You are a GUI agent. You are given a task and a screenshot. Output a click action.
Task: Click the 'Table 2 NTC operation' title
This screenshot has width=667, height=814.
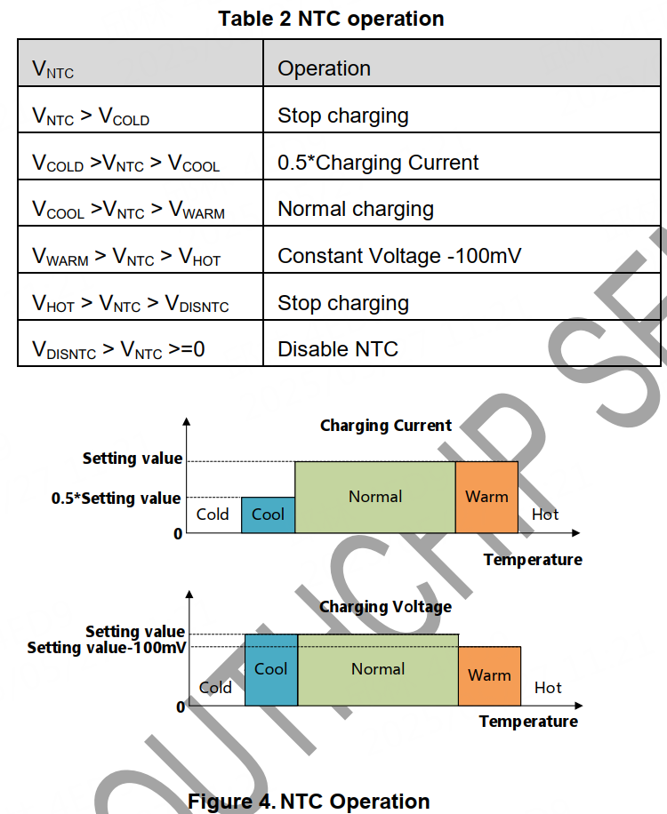(331, 19)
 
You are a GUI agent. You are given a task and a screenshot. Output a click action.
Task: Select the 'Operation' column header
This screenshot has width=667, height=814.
(324, 68)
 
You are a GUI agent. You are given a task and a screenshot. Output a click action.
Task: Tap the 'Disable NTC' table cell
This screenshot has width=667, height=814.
(338, 349)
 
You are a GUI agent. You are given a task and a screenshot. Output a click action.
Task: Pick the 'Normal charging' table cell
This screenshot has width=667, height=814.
(356, 209)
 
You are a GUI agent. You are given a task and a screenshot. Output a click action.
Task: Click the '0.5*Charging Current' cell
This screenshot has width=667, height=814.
(378, 163)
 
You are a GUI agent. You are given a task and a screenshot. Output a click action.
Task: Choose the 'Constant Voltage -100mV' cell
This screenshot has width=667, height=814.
(399, 256)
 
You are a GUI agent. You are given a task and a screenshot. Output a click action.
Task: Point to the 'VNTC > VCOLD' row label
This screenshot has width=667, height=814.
(91, 116)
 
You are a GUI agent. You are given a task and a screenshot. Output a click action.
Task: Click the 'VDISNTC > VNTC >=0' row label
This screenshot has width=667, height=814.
(118, 349)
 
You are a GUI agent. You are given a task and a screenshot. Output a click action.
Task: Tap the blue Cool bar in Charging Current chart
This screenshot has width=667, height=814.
(268, 515)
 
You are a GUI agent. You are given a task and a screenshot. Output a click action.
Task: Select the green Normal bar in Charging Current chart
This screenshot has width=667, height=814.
(375, 497)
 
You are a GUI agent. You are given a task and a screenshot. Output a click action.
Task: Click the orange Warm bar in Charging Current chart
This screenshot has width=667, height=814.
(486, 497)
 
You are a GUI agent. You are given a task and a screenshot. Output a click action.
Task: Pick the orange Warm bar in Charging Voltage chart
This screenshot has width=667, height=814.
(489, 676)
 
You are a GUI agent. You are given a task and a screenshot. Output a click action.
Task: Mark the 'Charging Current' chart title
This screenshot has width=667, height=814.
(386, 426)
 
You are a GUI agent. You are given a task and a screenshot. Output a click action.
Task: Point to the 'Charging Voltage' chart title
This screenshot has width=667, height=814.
(385, 607)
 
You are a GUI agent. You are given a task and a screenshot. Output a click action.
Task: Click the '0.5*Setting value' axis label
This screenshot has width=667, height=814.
(116, 499)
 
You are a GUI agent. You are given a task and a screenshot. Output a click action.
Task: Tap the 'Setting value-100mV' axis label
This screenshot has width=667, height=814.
(107, 648)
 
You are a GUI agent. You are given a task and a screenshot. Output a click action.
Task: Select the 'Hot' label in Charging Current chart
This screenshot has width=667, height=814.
(545, 515)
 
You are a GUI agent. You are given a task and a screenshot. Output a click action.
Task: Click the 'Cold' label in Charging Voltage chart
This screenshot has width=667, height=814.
(215, 687)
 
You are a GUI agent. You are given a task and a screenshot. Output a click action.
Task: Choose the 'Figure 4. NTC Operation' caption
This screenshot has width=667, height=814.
(309, 801)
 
